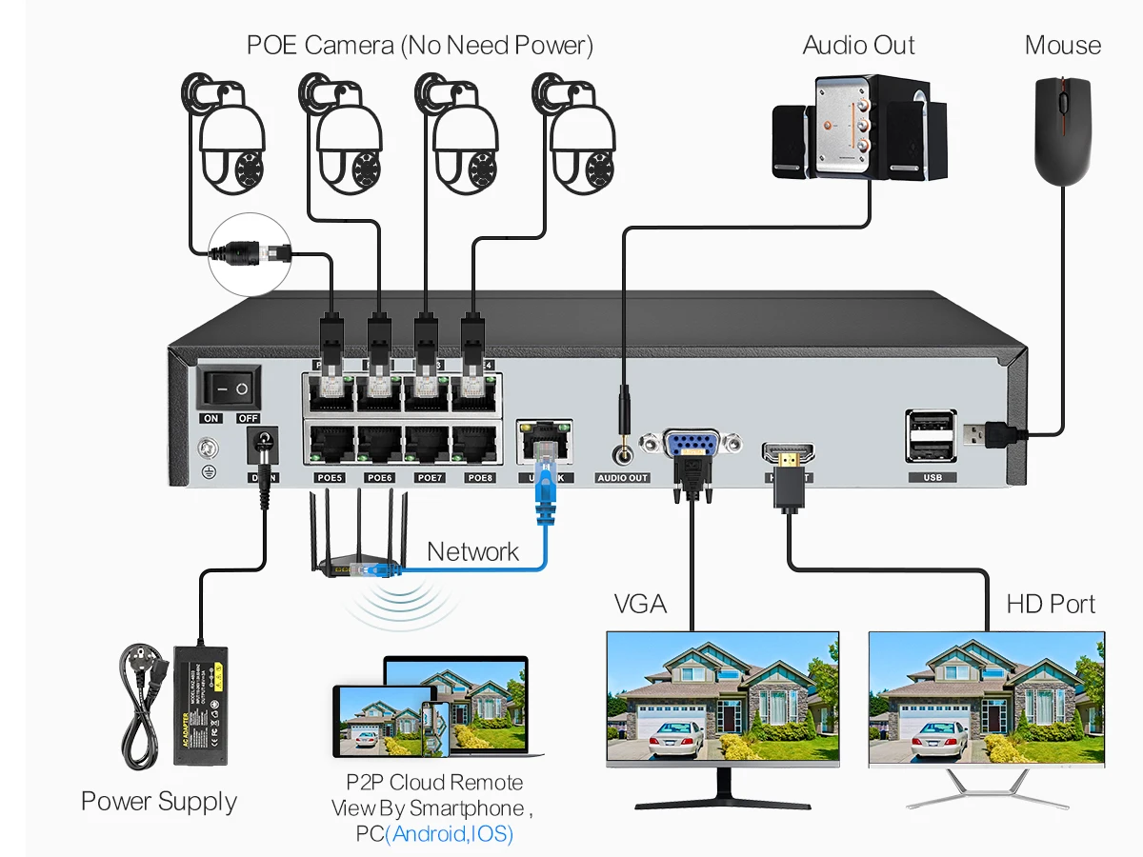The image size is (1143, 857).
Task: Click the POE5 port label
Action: tap(330, 477)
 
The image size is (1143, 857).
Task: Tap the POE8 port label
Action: tap(480, 477)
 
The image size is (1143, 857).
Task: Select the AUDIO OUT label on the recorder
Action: tap(622, 477)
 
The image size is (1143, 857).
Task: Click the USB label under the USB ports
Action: tap(932, 477)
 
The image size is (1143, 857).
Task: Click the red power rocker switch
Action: tap(229, 389)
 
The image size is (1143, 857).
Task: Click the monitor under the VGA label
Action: tap(723, 700)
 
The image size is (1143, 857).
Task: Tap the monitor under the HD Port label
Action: tap(986, 700)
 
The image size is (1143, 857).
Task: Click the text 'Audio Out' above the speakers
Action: tap(858, 45)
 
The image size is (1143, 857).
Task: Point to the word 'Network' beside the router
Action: tap(472, 551)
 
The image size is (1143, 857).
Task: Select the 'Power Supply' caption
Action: tap(158, 801)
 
